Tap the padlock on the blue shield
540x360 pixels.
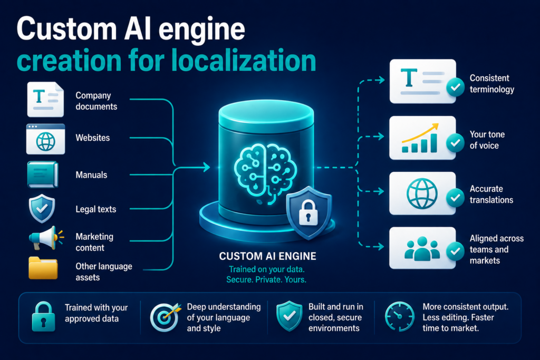pos(308,213)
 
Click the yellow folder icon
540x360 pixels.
pos(43,268)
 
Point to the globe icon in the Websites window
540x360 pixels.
pos(46,141)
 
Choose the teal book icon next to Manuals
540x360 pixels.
pos(43,174)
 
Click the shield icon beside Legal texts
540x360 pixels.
pos(42,209)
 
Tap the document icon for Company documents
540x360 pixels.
pos(45,100)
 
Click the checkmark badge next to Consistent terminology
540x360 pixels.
pos(455,87)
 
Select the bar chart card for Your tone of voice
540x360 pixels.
pos(422,138)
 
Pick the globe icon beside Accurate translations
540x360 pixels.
pos(422,193)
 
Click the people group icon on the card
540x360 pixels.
pos(422,248)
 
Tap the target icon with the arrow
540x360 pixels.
pos(165,317)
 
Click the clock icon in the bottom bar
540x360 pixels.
pos(400,317)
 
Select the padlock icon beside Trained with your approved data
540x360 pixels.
pos(43,317)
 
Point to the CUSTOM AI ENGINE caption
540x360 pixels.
pos(267,256)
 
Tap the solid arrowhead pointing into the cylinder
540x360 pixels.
pos(206,167)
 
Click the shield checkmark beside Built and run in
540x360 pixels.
pos(290,316)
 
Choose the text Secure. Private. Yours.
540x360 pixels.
pos(266,279)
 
